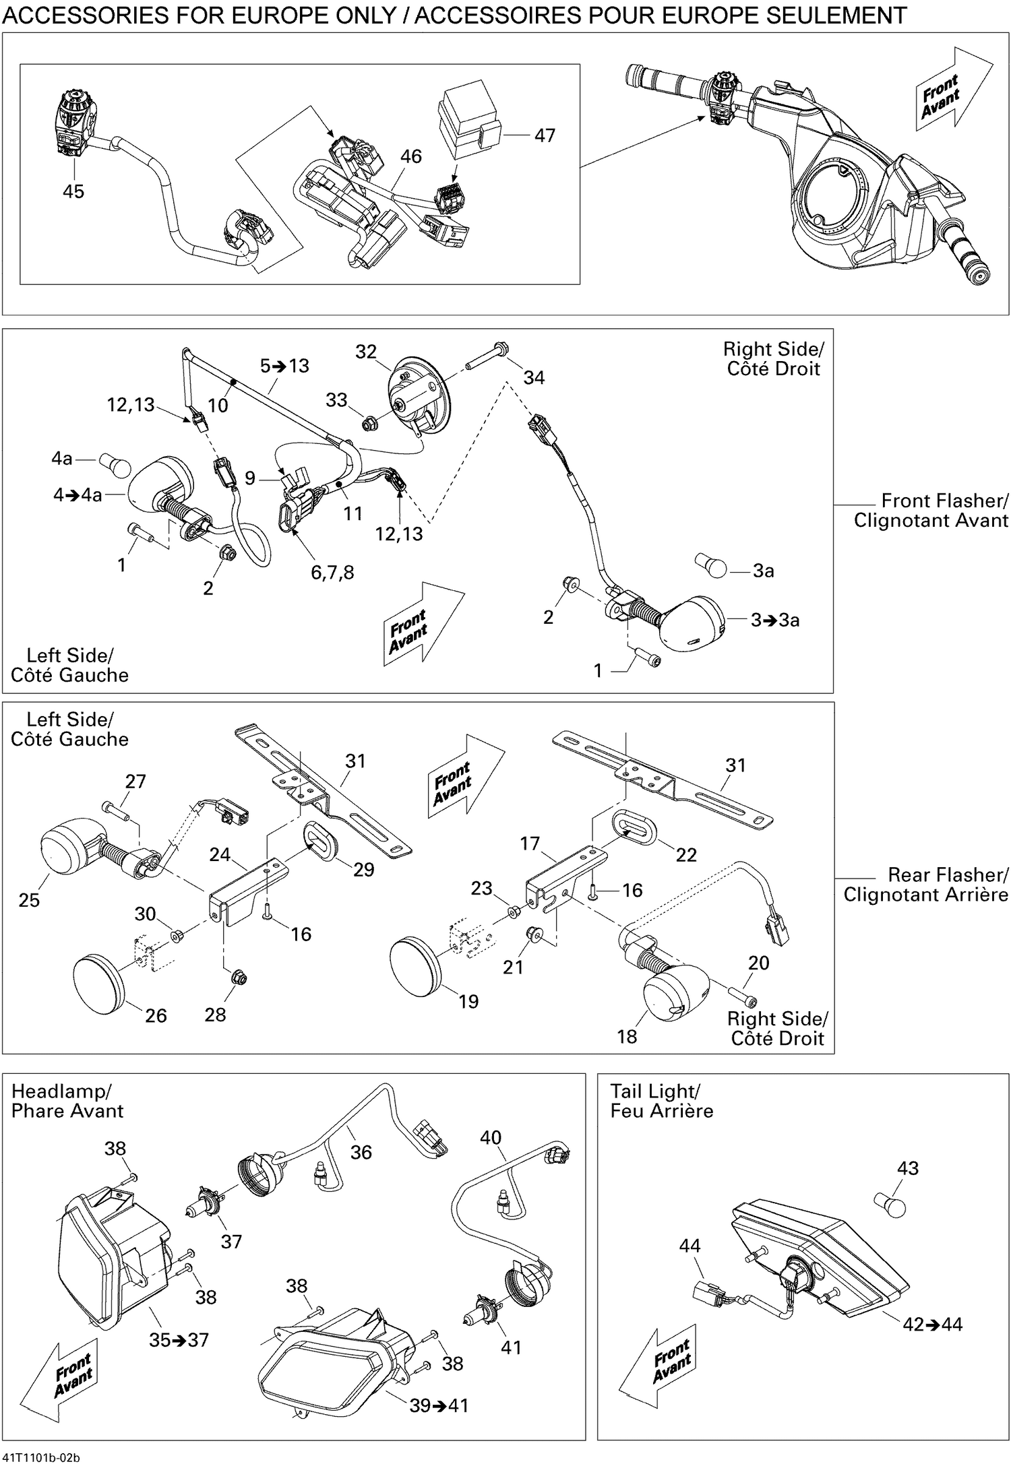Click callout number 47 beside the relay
[545, 135]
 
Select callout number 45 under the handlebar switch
[73, 191]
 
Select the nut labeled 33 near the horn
[369, 424]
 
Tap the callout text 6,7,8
[332, 573]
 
